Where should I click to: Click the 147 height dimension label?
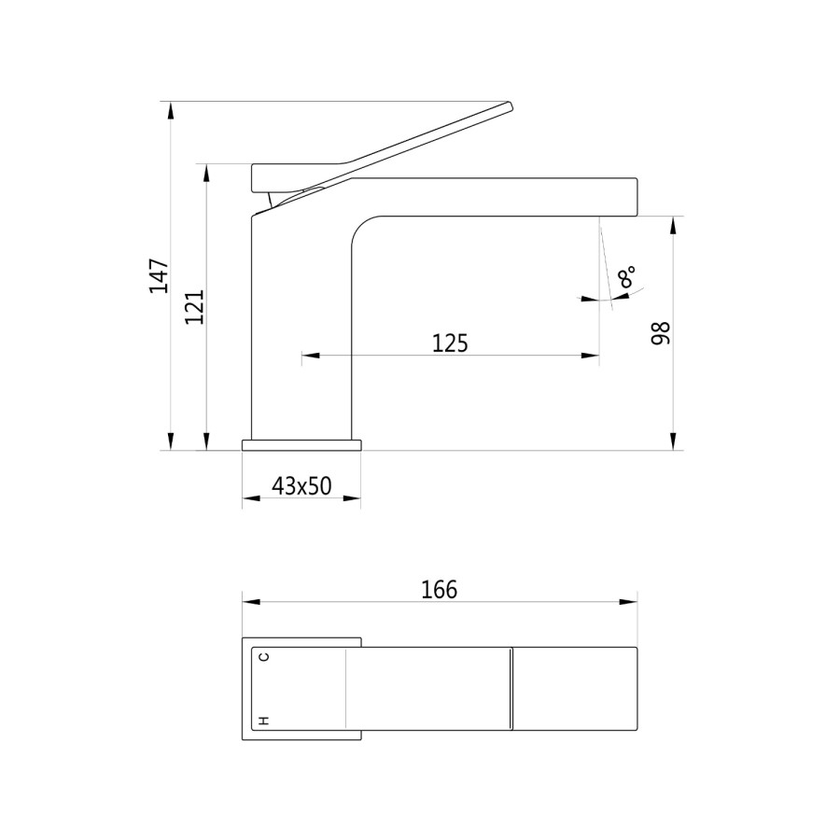pyautogui.click(x=159, y=276)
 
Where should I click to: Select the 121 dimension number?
pyautogui.click(x=194, y=306)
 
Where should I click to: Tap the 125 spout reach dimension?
pyautogui.click(x=450, y=343)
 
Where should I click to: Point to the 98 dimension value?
pyautogui.click(x=661, y=333)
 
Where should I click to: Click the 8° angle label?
pyautogui.click(x=626, y=276)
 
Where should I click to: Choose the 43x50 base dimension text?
pyautogui.click(x=301, y=486)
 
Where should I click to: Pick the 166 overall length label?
pyautogui.click(x=440, y=589)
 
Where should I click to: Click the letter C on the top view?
pyautogui.click(x=263, y=657)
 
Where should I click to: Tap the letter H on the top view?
pyautogui.click(x=263, y=721)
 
